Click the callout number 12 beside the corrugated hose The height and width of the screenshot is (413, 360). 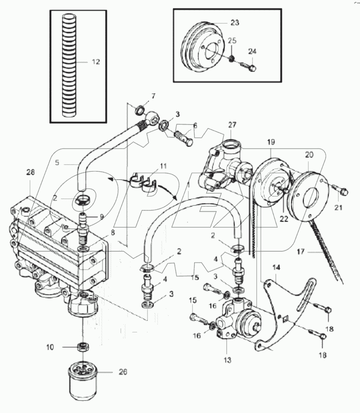click(96, 62)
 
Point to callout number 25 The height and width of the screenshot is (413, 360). click(232, 40)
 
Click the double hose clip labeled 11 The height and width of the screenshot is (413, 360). click(143, 183)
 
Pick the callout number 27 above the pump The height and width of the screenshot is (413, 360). click(232, 124)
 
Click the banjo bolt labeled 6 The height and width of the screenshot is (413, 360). click(184, 137)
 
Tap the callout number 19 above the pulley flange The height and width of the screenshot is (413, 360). click(271, 142)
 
